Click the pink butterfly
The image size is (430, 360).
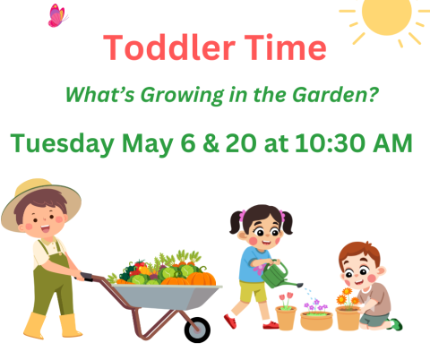[57, 15]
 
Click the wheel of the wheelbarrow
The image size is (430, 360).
[197, 329]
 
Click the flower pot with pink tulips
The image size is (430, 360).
[286, 313]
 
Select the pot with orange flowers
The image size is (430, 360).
[348, 314]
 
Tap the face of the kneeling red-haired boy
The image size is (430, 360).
[356, 266]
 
